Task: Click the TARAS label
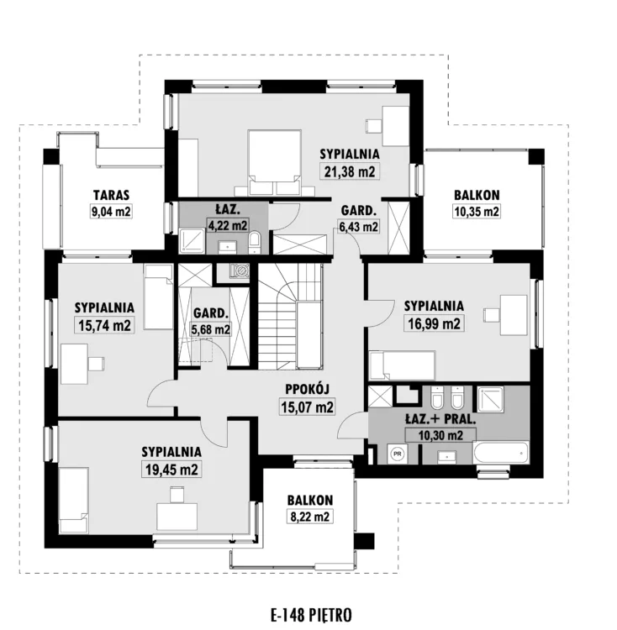tap(111, 195)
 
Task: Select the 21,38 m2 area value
tap(350, 171)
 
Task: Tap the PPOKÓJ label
tap(308, 389)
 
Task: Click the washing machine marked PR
tap(397, 454)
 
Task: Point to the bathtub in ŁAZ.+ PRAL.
tap(501, 453)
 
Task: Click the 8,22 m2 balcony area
tap(310, 517)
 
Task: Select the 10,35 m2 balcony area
tap(477, 212)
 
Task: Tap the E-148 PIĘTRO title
tap(311, 614)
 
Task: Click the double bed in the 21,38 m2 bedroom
tap(275, 163)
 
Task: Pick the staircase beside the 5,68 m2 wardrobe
tap(290, 316)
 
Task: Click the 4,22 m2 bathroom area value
tap(227, 225)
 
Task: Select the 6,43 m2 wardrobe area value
tap(359, 227)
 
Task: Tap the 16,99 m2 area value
tap(434, 323)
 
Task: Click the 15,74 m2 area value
tap(104, 325)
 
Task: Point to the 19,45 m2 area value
tap(171, 470)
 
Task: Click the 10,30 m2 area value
tap(440, 435)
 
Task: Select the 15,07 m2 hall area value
tap(307, 407)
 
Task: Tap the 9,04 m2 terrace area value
tap(111, 212)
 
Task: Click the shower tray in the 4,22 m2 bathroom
tap(192, 241)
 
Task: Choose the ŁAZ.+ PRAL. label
tap(440, 419)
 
